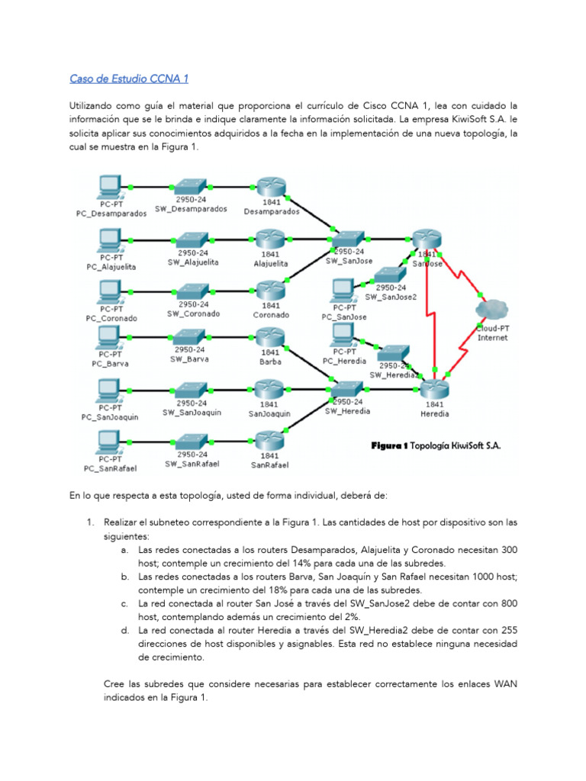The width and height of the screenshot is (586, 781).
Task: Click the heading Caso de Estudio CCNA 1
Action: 130,78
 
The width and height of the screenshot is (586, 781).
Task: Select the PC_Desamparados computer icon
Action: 109,187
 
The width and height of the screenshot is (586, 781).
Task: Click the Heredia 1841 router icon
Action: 434,390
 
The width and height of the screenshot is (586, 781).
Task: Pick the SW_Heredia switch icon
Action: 347,390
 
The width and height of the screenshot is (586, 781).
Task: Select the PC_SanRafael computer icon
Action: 109,442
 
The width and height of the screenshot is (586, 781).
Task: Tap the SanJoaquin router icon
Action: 270,391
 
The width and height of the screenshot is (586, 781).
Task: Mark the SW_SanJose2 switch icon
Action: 391,276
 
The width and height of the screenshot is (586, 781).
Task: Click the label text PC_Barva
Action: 110,364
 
